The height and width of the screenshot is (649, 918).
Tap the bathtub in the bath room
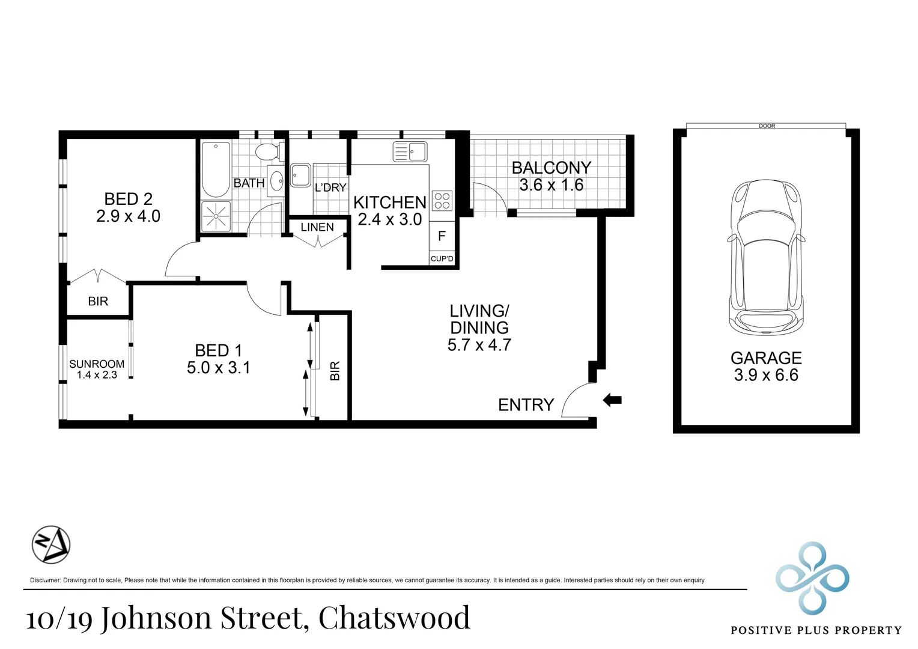[x=216, y=169]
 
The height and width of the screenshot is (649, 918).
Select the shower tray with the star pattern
[x=216, y=216]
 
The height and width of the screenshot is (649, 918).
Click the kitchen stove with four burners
[x=442, y=201]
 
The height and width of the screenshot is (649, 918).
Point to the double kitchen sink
[x=410, y=151]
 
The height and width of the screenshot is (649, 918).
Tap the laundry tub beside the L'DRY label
[x=301, y=175]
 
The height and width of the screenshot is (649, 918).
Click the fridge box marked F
[x=442, y=236]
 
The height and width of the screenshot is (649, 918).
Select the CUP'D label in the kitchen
[x=442, y=258]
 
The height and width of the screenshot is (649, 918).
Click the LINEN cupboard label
[x=317, y=227]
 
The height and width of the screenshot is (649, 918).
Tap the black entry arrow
[x=612, y=400]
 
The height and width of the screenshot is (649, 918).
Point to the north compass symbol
[x=51, y=545]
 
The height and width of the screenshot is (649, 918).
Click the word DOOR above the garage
[x=767, y=126]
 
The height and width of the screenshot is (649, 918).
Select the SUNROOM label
[x=97, y=364]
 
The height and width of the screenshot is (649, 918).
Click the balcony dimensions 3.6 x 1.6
[x=551, y=185]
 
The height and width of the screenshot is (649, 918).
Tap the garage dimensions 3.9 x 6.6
[x=766, y=375]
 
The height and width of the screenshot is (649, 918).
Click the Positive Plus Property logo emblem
[x=812, y=578]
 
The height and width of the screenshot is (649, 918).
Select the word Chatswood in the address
[x=394, y=617]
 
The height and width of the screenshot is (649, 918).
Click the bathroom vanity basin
[x=276, y=181]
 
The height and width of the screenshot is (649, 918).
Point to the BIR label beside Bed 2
[x=98, y=301]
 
